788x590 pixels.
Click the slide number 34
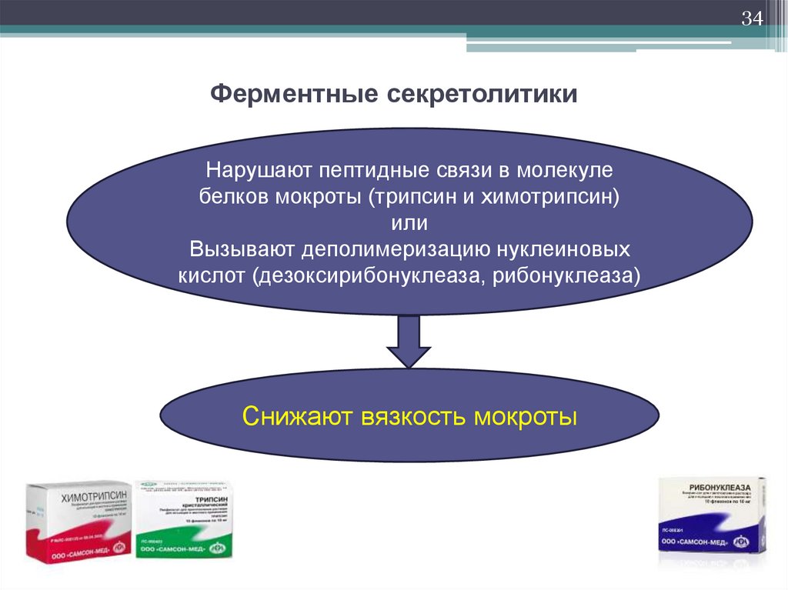(x=751, y=18)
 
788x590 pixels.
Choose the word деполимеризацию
(x=392, y=249)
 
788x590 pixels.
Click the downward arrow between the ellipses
(x=409, y=341)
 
